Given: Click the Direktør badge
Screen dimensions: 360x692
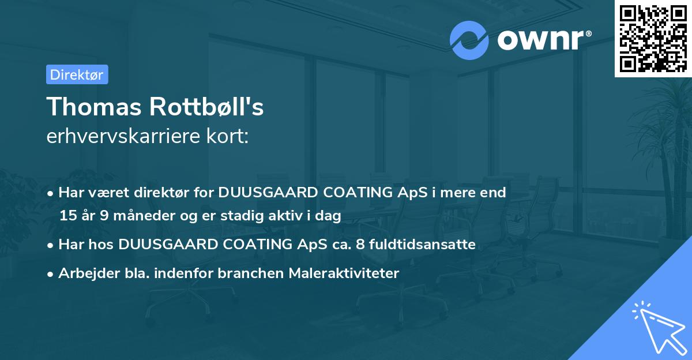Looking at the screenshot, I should tap(77, 74).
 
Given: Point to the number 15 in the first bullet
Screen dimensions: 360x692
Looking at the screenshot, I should tap(68, 216).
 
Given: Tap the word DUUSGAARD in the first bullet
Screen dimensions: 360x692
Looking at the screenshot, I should tap(263, 193).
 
